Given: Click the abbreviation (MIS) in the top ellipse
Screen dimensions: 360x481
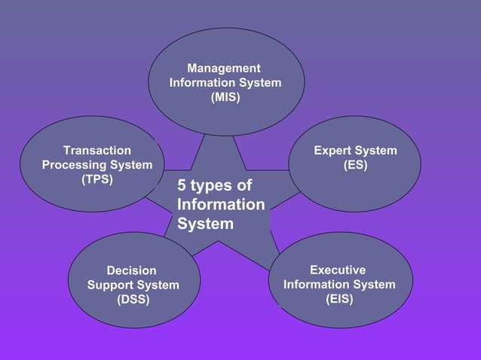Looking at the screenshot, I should click(x=225, y=96).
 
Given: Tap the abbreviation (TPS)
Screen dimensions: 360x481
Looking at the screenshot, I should click(x=97, y=179).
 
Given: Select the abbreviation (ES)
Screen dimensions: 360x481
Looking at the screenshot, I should click(x=355, y=165).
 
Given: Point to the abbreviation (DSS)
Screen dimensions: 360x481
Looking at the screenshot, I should click(x=133, y=299).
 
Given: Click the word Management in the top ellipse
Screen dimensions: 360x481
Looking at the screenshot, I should click(x=224, y=69).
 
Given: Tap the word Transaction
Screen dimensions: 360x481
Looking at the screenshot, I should click(x=97, y=151).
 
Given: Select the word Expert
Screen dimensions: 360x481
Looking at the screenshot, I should click(x=332, y=151).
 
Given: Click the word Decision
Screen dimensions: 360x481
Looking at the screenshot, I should click(x=132, y=270).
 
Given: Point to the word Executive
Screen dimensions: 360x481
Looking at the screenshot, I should click(x=338, y=270).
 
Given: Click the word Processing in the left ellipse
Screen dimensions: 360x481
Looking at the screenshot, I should click(x=75, y=165).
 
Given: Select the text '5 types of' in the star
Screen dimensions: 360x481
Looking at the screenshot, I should click(x=215, y=186).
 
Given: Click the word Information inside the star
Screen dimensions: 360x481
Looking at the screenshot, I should click(x=221, y=205).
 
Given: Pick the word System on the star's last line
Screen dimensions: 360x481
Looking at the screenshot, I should click(x=206, y=224).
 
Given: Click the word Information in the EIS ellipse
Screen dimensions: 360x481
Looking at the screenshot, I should click(x=317, y=284).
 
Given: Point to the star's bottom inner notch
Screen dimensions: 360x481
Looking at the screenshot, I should click(x=219, y=242).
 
